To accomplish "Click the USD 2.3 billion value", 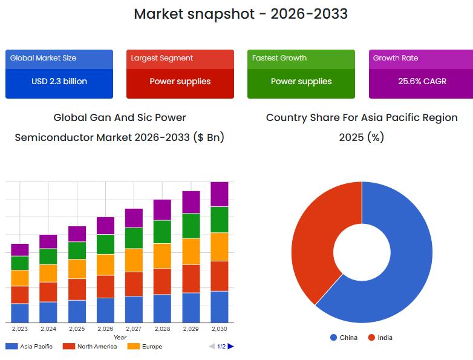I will (59, 81).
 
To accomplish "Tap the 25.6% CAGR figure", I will (422, 81).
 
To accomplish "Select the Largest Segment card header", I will (162, 58).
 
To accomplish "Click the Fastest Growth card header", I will (279, 58).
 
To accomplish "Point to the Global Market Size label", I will (43, 58).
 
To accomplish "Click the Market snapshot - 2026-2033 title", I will (241, 14).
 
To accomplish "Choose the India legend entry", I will (380, 338).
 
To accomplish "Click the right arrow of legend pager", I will (231, 347).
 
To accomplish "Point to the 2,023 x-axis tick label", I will (20, 329).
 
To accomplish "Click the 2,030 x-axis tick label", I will (219, 329).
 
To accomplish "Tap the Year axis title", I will (120, 338).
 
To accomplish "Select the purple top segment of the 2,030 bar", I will (219, 194).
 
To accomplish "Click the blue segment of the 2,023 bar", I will (20, 313).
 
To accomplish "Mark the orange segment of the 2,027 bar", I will (134, 260).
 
